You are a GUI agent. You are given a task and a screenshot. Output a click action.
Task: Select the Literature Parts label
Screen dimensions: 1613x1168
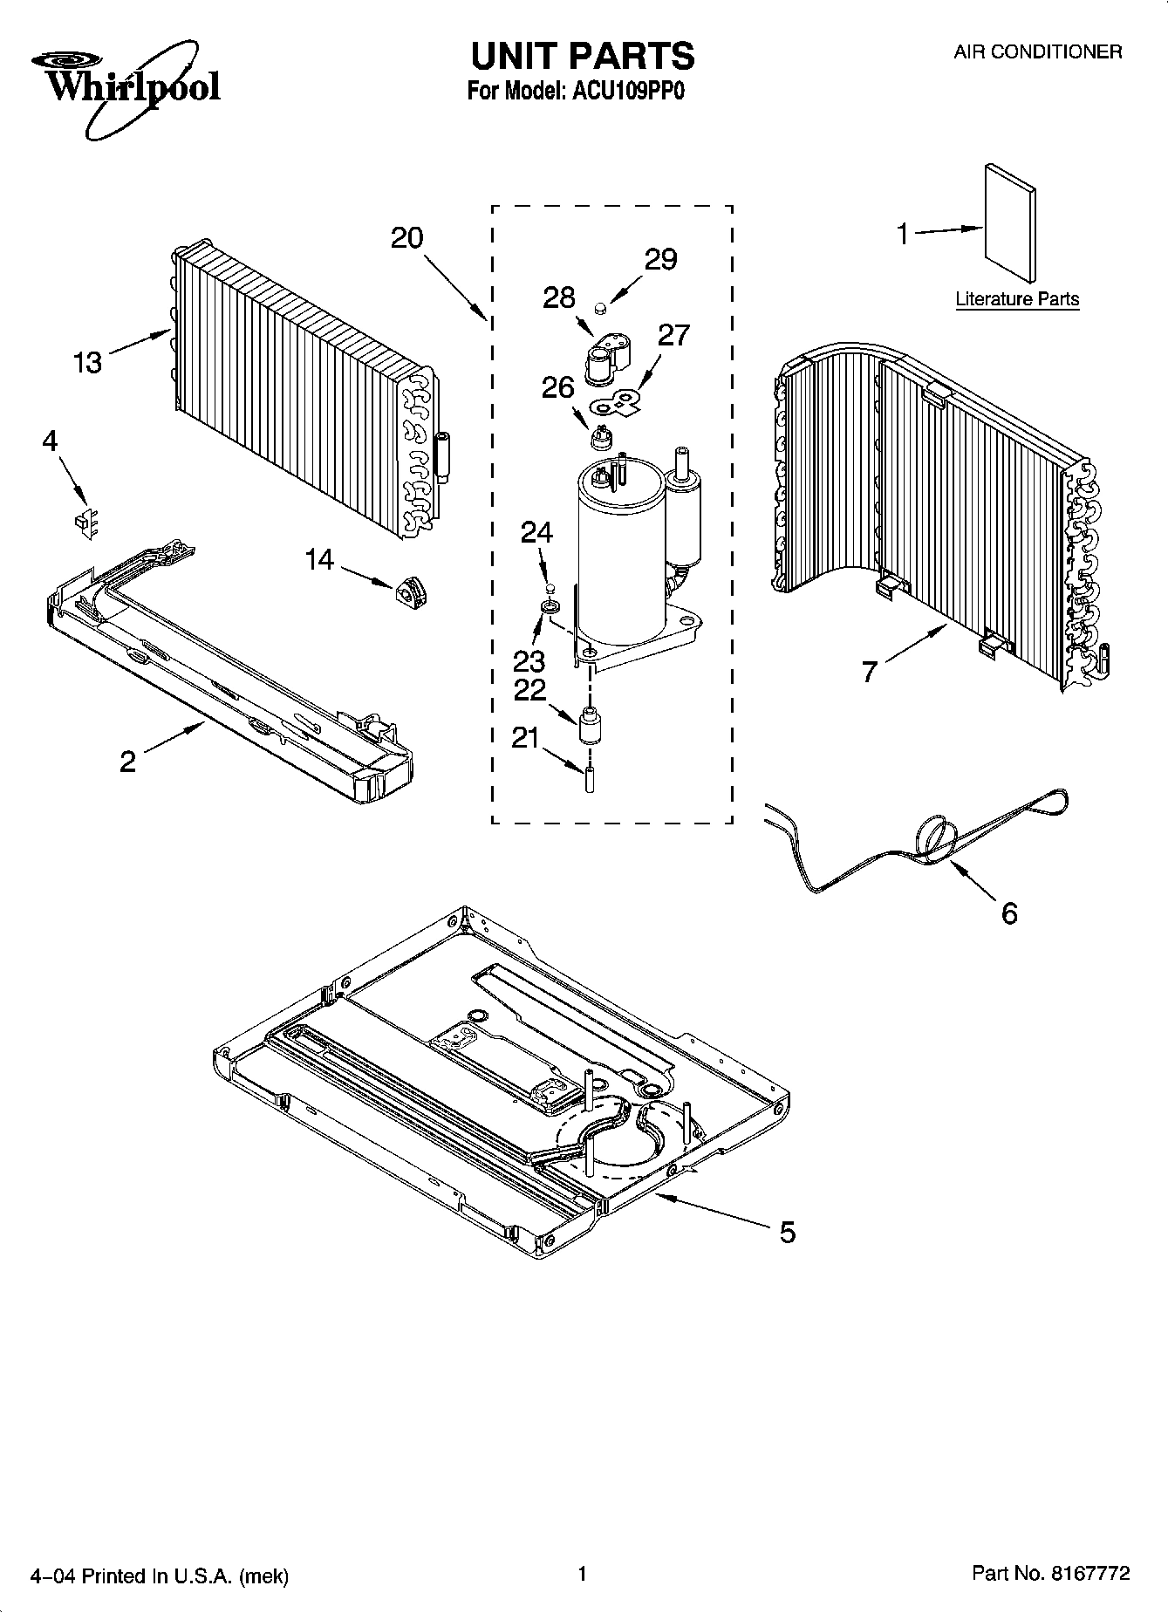1017,299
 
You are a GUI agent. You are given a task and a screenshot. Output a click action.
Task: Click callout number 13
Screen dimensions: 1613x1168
87,362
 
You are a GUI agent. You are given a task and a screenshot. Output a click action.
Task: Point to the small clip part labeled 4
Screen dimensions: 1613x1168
84,522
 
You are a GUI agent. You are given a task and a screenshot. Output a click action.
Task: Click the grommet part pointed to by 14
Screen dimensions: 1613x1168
409,594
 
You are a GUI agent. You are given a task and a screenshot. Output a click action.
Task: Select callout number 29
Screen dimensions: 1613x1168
660,259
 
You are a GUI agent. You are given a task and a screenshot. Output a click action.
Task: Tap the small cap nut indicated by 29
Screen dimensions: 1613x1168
600,308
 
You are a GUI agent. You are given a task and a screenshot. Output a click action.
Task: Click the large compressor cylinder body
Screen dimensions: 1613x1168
619,558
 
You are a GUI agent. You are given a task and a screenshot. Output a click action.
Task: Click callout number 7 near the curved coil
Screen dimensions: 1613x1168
869,672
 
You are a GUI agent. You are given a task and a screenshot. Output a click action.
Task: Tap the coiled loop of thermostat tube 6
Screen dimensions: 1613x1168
933,836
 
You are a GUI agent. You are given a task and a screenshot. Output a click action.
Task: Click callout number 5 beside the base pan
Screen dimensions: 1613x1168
787,1232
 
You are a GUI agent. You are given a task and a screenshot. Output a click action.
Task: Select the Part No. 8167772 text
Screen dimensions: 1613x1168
1051,1574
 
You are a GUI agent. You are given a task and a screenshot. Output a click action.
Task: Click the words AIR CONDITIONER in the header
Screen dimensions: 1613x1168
1037,52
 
